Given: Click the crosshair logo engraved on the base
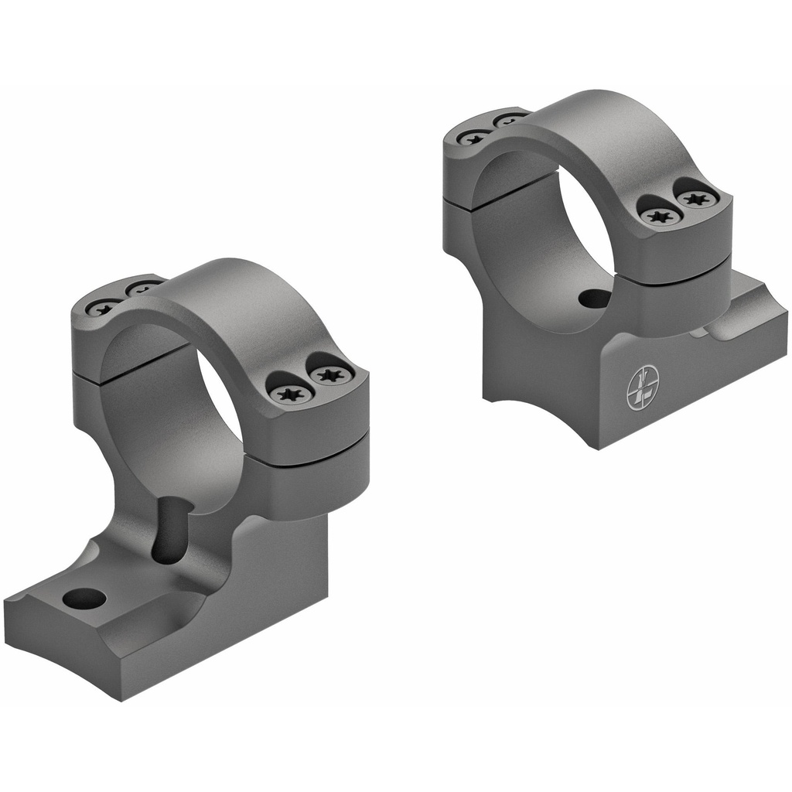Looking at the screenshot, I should coord(642,387).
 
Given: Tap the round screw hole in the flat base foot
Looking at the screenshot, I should coord(84,598).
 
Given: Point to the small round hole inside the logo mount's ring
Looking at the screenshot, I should coord(593,299).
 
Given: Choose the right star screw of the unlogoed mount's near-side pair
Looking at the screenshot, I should coord(332,376).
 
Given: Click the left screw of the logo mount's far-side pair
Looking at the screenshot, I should coord(473,138).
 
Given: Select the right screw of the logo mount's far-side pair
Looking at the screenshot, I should coord(508,121).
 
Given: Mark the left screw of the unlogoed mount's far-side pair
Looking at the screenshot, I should coord(103,308).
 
